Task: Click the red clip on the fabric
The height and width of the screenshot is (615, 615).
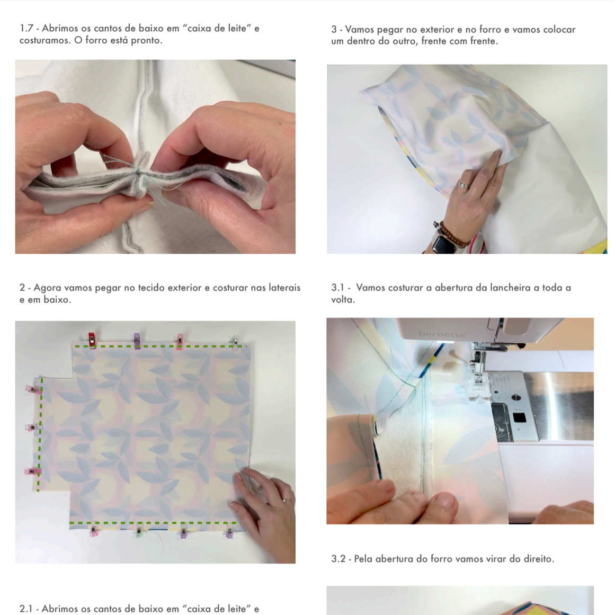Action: pos(92,340)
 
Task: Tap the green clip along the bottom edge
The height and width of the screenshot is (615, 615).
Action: pos(138,532)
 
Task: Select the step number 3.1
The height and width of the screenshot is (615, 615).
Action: pos(338,288)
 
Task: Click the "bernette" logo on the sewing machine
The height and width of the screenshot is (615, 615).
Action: pos(441,335)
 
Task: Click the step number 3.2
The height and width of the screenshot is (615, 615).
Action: pos(338,558)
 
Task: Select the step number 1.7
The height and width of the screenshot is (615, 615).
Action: pos(26,28)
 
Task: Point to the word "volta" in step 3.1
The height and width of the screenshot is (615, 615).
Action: pos(343,300)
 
